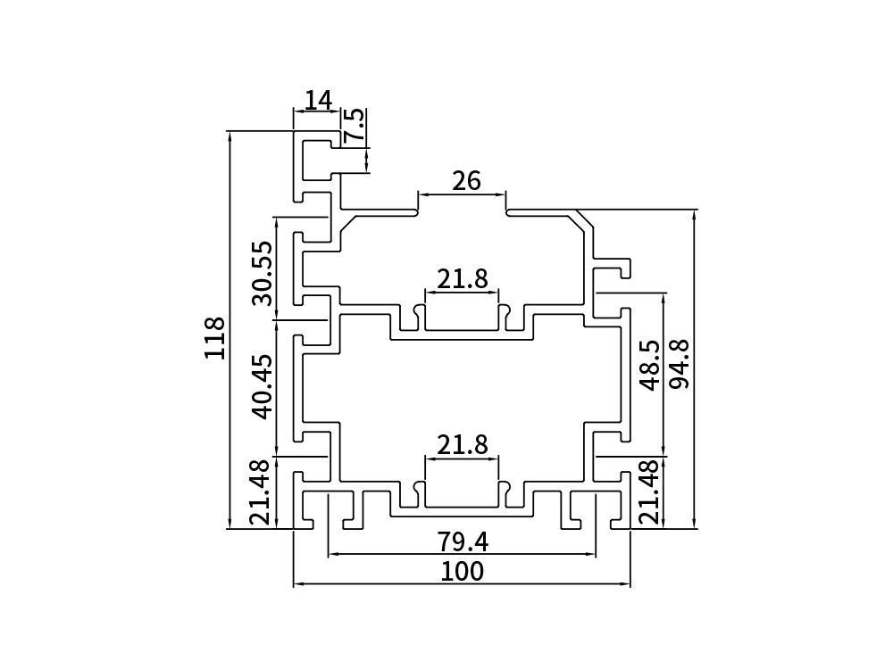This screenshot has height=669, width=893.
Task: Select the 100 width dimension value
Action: coord(462,571)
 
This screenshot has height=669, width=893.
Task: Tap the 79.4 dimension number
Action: coord(462,541)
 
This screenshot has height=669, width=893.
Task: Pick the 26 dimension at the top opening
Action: coord(466,181)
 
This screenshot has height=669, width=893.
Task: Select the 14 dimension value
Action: coord(317,100)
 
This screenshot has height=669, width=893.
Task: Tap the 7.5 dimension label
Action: coord(355,126)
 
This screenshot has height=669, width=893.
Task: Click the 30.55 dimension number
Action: coord(261,273)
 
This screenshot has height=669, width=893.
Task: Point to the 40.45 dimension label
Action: coord(261,387)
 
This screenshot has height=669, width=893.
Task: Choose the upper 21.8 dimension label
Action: coord(462,279)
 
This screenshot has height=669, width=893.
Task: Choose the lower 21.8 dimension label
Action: coord(462,444)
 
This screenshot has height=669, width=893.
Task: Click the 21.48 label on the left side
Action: coord(259,491)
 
